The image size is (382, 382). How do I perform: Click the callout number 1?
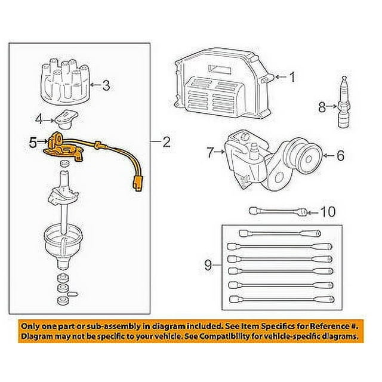pyautogui.click(x=292, y=76)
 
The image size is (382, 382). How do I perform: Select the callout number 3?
pyautogui.click(x=106, y=85)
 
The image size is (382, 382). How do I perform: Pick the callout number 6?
pyautogui.click(x=340, y=156)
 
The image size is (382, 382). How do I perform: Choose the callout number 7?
pyautogui.click(x=210, y=154)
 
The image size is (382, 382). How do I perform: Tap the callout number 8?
pyautogui.click(x=322, y=107)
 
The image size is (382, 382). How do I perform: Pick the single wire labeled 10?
pyautogui.click(x=278, y=211)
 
